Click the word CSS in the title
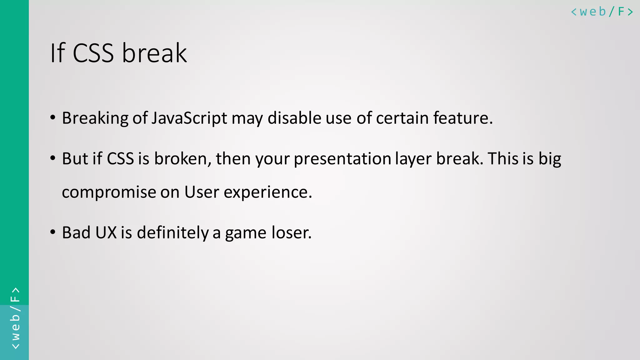click(x=93, y=53)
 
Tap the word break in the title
click(x=154, y=53)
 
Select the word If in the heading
click(x=57, y=53)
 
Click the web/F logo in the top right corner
click(x=602, y=12)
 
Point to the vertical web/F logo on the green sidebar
click(x=15, y=318)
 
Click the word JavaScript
click(x=189, y=118)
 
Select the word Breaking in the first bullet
click(x=95, y=118)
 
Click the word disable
click(x=294, y=118)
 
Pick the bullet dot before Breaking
click(x=53, y=118)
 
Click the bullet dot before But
click(x=53, y=158)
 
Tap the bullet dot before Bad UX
click(x=53, y=232)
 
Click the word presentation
click(x=342, y=159)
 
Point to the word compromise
click(x=109, y=192)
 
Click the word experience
click(x=268, y=192)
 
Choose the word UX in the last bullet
click(x=106, y=233)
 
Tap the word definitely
click(x=172, y=233)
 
